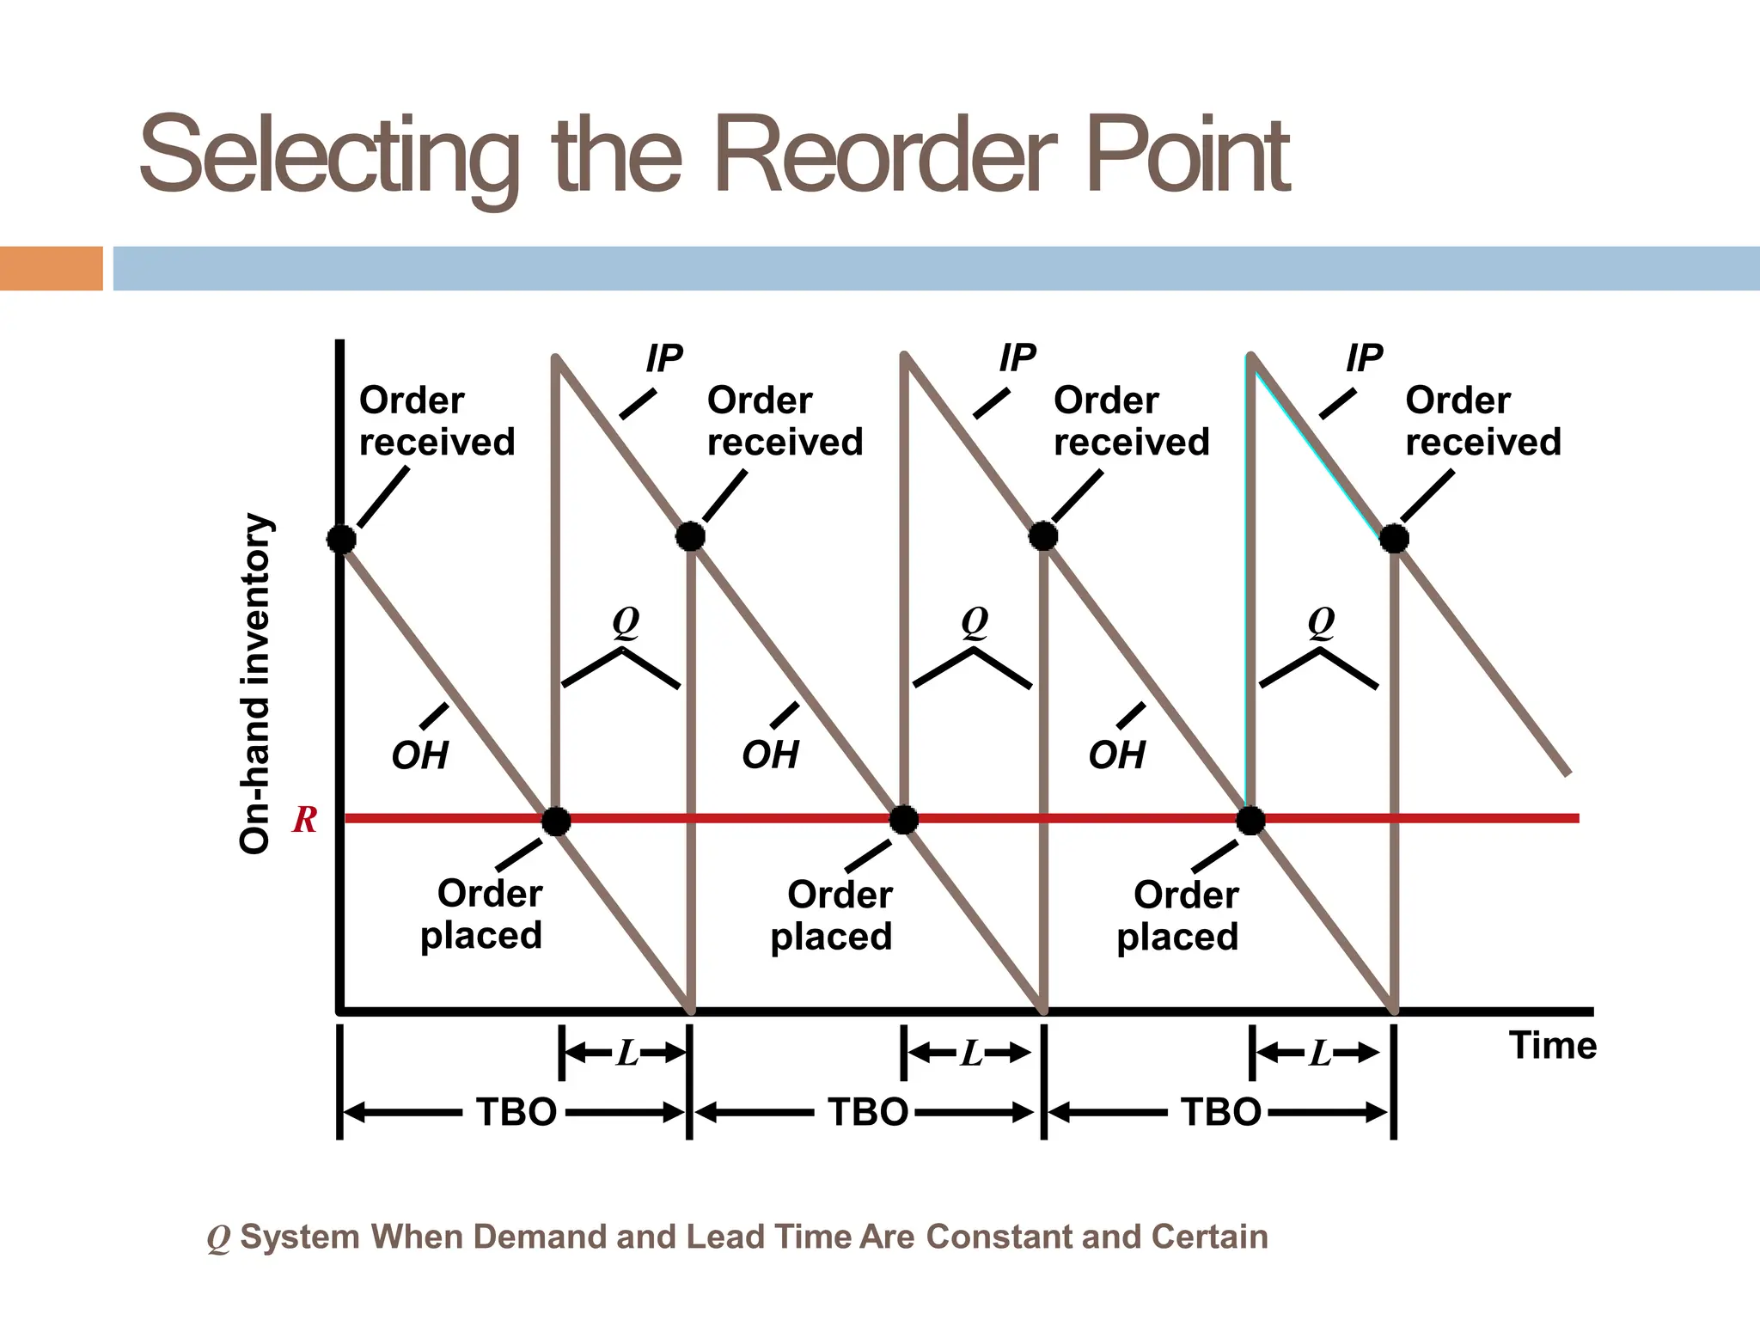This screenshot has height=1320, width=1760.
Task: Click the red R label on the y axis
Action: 304,820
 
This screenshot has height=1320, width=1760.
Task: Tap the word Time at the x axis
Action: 1552,1046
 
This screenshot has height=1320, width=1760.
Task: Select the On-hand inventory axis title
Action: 255,683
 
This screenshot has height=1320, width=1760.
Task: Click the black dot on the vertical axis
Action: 341,540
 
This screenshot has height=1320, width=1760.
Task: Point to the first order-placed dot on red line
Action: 556,821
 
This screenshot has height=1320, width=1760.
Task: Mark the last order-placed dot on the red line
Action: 1250,821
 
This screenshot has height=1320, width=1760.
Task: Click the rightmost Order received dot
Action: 1394,539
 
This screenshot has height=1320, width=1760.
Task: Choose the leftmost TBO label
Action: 516,1112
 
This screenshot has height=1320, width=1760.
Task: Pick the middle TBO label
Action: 867,1112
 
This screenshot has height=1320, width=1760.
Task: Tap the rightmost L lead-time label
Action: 1320,1053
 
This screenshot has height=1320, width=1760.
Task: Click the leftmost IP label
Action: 663,358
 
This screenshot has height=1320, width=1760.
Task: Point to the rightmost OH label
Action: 1116,755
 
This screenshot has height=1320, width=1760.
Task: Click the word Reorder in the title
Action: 885,156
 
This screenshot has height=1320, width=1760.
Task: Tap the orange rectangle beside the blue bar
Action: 51,268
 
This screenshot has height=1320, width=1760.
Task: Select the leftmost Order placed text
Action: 482,914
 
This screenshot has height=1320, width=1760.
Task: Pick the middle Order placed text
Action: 832,915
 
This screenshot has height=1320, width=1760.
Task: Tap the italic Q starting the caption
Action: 218,1238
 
